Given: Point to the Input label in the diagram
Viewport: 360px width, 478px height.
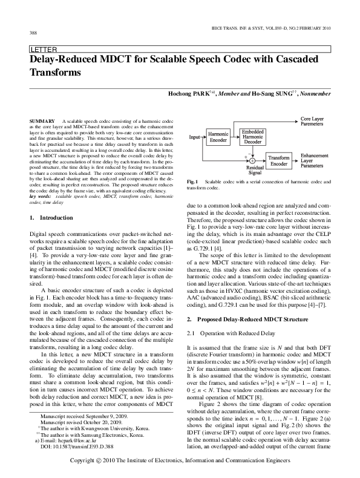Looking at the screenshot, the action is click(194, 137).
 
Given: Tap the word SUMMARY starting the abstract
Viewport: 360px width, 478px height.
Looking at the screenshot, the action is click(41, 122).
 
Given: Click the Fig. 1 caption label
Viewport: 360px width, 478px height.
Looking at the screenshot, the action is click(193, 182).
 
